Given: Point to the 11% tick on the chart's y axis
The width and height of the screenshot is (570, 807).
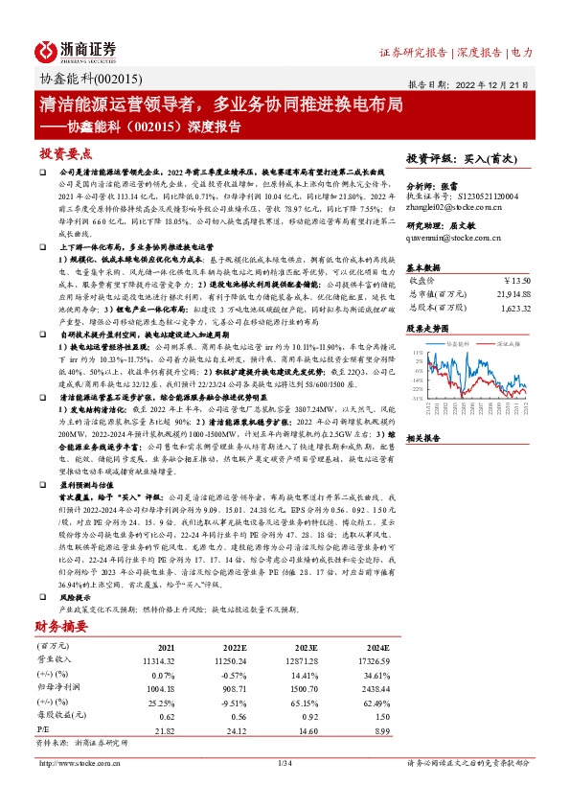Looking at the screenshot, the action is pyautogui.click(x=416, y=352).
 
